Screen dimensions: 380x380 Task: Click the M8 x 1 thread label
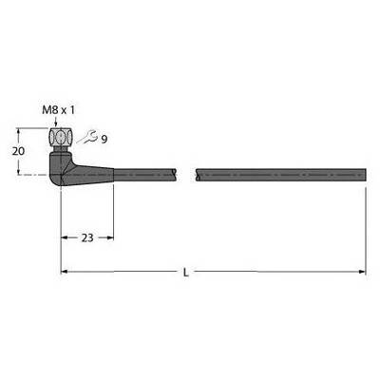point(59,110)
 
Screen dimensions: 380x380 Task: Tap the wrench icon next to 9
point(86,137)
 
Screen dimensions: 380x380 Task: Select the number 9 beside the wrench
point(104,139)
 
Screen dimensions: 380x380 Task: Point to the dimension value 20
point(18,151)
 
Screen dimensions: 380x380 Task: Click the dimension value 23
point(87,237)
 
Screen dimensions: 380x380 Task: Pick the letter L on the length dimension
point(186,273)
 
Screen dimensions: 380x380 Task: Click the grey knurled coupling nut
point(60,138)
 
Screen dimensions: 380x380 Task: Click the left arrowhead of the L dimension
point(64,272)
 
